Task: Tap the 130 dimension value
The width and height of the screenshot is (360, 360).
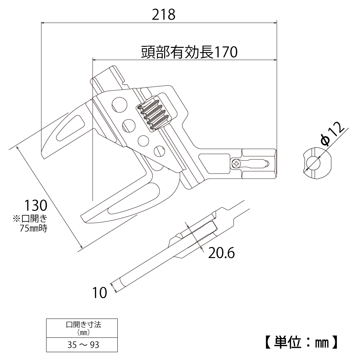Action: [36, 206]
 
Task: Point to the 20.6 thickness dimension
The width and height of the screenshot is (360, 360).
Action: [221, 253]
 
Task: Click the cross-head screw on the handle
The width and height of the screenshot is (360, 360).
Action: [237, 164]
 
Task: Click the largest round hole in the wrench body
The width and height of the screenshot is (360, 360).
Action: [119, 105]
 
